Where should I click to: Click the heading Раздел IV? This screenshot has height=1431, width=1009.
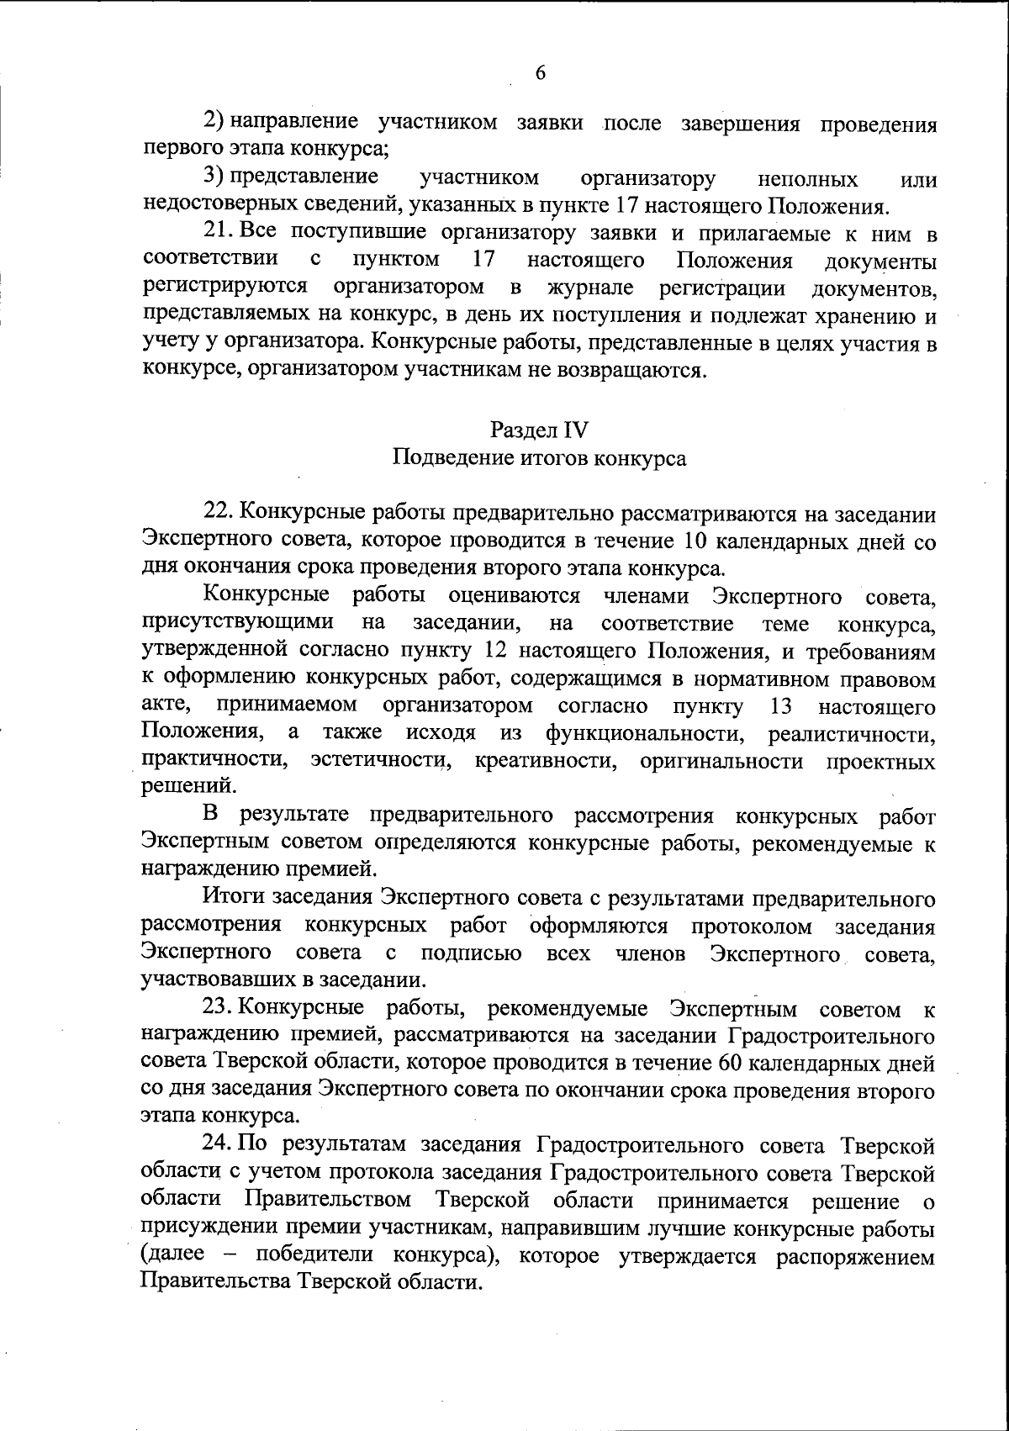539,430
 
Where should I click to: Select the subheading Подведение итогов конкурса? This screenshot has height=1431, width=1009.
539,458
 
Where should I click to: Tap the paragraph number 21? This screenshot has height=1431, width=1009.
219,232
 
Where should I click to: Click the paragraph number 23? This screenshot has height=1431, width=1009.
219,1008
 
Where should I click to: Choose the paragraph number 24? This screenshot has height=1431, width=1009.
219,1145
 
